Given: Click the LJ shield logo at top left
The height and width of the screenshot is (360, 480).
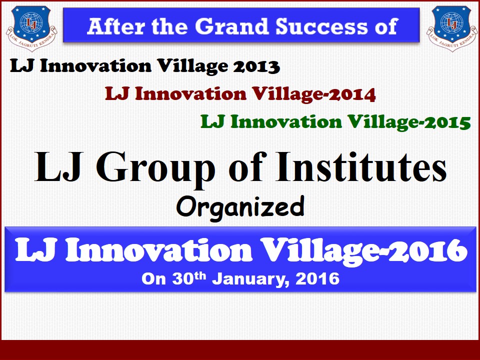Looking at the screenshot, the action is (31, 28).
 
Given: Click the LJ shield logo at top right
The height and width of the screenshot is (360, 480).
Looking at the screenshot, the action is (452, 28).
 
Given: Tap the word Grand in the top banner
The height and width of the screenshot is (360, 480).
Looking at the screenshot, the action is (232, 26).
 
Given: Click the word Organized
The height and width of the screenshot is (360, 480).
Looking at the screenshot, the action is (240, 207).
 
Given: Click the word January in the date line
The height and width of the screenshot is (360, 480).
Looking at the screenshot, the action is (250, 279).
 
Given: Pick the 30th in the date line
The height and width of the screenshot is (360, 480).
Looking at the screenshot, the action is (189, 278).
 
